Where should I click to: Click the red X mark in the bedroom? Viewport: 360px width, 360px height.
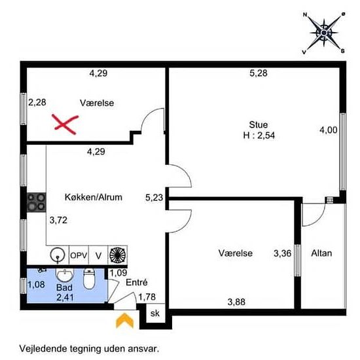click(x=65, y=124)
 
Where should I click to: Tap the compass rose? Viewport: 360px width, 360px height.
click(x=324, y=33)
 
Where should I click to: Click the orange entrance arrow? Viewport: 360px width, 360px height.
click(x=124, y=321)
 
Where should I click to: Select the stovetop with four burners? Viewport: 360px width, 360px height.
click(x=37, y=202)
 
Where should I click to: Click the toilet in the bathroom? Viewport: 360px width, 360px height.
click(x=89, y=279)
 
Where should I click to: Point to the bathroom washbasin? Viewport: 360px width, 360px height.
click(x=65, y=275)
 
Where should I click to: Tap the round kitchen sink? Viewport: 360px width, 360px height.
click(x=57, y=255)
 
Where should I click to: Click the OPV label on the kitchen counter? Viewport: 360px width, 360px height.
click(x=79, y=255)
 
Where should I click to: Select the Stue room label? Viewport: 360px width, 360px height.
click(x=259, y=124)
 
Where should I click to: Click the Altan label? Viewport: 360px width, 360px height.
click(x=321, y=253)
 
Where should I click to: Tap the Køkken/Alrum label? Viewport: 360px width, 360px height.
click(x=94, y=197)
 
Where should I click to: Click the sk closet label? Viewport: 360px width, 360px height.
click(x=155, y=313)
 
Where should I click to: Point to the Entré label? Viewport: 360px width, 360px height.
click(x=137, y=282)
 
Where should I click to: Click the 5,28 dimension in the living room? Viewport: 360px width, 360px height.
click(x=259, y=73)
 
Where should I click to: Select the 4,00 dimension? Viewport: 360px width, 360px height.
click(x=329, y=130)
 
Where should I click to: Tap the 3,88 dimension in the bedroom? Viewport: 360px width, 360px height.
click(x=236, y=302)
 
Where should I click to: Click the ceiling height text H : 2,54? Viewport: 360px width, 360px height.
click(x=259, y=135)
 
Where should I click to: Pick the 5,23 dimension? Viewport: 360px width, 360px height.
click(x=154, y=198)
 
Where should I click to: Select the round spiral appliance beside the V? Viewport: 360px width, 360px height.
click(x=118, y=255)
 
